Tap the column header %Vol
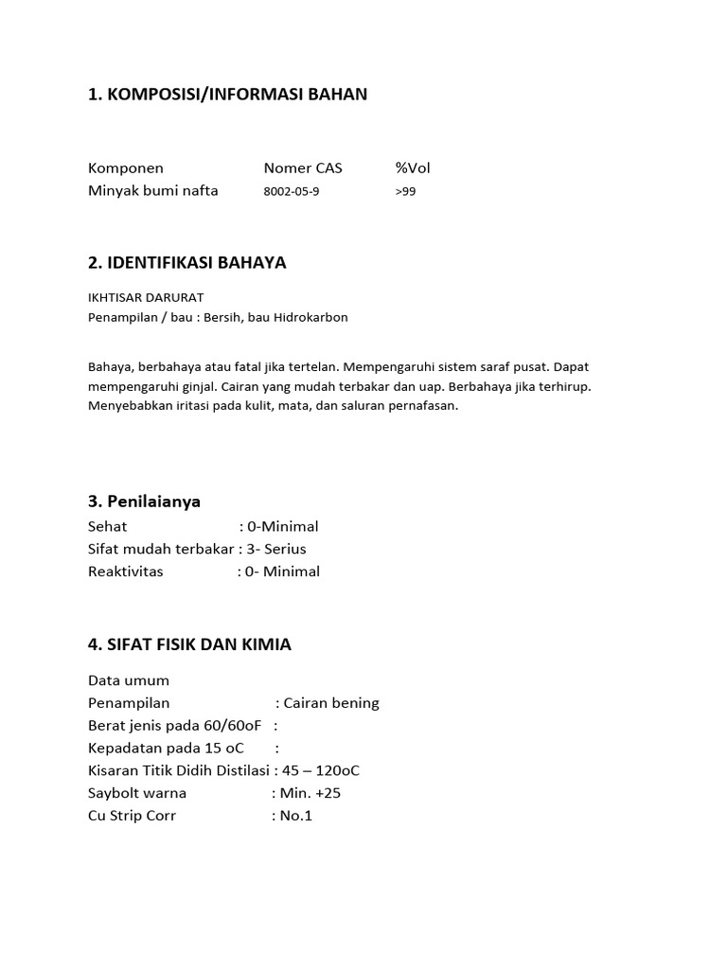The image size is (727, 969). pyautogui.click(x=413, y=168)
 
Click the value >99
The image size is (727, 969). pyautogui.click(x=405, y=191)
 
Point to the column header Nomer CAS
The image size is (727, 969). pyautogui.click(x=303, y=168)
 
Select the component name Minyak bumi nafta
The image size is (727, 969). pyautogui.click(x=153, y=190)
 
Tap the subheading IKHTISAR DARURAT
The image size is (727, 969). pyautogui.click(x=146, y=297)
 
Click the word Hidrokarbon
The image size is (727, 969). pyautogui.click(x=311, y=317)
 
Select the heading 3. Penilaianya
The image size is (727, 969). pyautogui.click(x=144, y=502)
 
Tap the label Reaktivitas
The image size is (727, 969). pyautogui.click(x=126, y=572)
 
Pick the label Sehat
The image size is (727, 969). pyautogui.click(x=108, y=526)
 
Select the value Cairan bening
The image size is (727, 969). pyautogui.click(x=331, y=703)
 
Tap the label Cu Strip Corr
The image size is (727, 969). pyautogui.click(x=132, y=816)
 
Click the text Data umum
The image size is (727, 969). pyautogui.click(x=129, y=680)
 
